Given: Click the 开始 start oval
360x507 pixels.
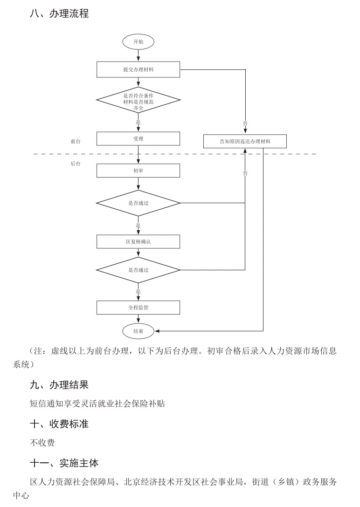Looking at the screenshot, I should [138, 42].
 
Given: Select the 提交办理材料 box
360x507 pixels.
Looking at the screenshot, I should [138, 69].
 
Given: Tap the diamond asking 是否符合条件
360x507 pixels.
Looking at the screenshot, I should [138, 100].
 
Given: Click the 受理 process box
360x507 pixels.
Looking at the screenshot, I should [138, 139].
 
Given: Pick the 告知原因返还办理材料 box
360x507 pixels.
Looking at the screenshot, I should [245, 141].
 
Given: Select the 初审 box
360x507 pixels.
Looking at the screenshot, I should [138, 171].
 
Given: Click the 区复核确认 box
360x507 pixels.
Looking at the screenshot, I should [138, 241].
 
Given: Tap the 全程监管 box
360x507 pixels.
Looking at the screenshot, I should [138, 308].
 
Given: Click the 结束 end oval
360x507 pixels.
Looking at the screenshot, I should [138, 331].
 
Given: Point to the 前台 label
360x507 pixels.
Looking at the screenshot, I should [76, 141].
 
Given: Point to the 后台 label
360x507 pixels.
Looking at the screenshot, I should [76, 164].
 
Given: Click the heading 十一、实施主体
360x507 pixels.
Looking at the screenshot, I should [64, 463].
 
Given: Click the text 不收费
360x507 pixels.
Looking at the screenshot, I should [42, 443].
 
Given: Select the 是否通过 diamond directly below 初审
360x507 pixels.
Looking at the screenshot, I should [138, 203].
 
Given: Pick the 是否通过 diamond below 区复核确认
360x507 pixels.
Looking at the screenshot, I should [138, 270].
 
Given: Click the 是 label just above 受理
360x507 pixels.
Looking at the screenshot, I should [138, 123].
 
